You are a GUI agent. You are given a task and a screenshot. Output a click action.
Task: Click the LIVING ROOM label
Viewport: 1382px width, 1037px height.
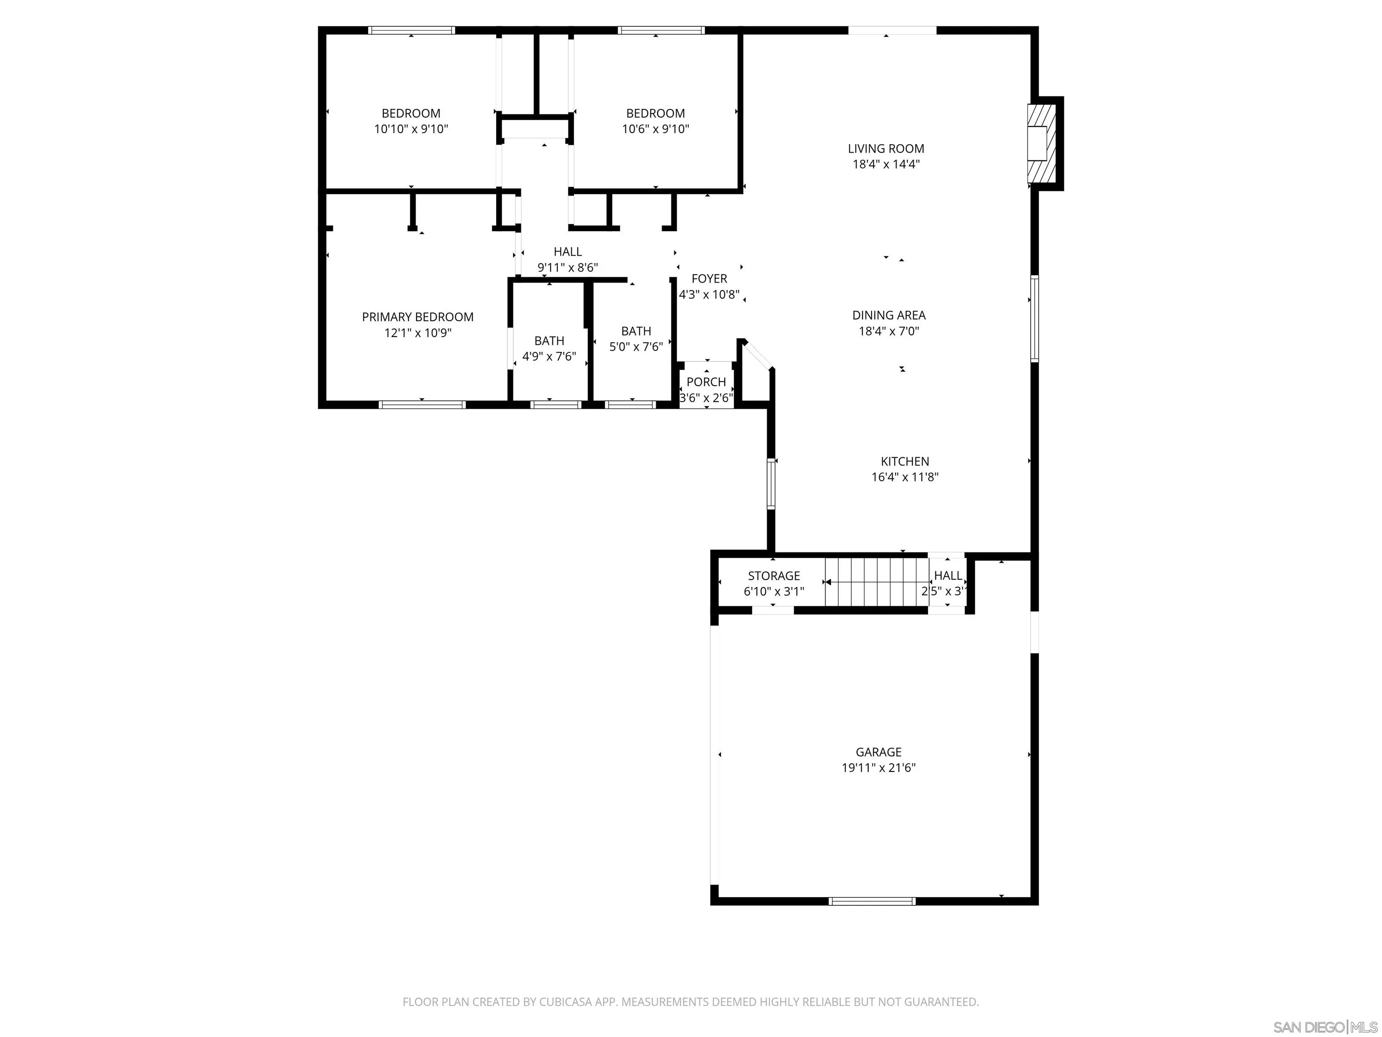[x=885, y=149]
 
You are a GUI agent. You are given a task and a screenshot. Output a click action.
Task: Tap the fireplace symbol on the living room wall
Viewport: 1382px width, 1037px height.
[x=1042, y=143]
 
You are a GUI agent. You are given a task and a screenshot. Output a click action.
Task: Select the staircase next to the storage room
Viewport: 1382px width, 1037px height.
[x=875, y=582]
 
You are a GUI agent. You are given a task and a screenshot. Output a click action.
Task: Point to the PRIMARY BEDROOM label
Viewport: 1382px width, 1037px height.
[x=417, y=317]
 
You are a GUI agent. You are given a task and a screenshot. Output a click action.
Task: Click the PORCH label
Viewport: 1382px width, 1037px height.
[x=706, y=382]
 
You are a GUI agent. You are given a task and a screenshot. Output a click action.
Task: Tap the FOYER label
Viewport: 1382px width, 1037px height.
[x=709, y=279]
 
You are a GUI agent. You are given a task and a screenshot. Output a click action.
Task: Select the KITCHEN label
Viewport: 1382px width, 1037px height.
[x=905, y=461]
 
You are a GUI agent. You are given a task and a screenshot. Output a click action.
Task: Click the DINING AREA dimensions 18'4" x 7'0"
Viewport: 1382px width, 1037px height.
[x=888, y=331]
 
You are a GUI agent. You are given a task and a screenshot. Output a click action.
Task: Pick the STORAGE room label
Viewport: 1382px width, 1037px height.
[x=773, y=576]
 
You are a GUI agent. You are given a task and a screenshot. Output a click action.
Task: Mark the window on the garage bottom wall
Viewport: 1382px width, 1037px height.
[x=872, y=901]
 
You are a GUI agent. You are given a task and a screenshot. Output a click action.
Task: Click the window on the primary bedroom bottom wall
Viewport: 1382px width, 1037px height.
[x=422, y=405]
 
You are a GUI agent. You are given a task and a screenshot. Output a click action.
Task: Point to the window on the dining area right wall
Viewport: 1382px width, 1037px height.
[x=1034, y=319]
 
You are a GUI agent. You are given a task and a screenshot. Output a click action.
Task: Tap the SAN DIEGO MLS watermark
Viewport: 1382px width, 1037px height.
[x=1324, y=1027]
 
